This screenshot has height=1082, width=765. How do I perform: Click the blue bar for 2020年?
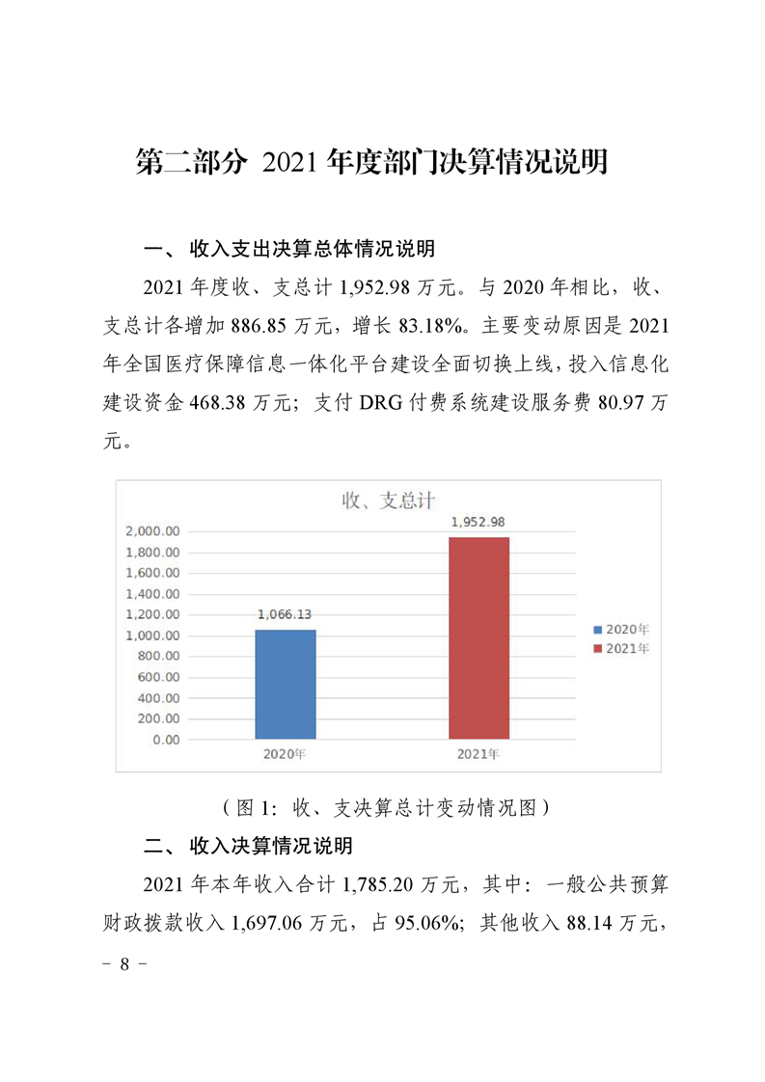click(286, 684)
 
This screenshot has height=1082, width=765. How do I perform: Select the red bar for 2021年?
click(478, 637)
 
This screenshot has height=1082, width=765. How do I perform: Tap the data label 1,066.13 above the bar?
click(286, 614)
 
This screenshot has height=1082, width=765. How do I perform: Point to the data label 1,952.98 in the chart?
click(478, 522)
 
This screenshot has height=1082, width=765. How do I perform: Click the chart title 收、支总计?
click(389, 500)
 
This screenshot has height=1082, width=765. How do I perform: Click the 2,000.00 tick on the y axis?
click(152, 531)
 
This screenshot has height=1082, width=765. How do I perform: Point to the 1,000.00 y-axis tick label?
click(152, 636)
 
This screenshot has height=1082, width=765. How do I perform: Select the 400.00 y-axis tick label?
click(160, 698)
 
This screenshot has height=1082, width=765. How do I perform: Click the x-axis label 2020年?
click(285, 754)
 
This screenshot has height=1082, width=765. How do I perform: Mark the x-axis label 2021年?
click(478, 754)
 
